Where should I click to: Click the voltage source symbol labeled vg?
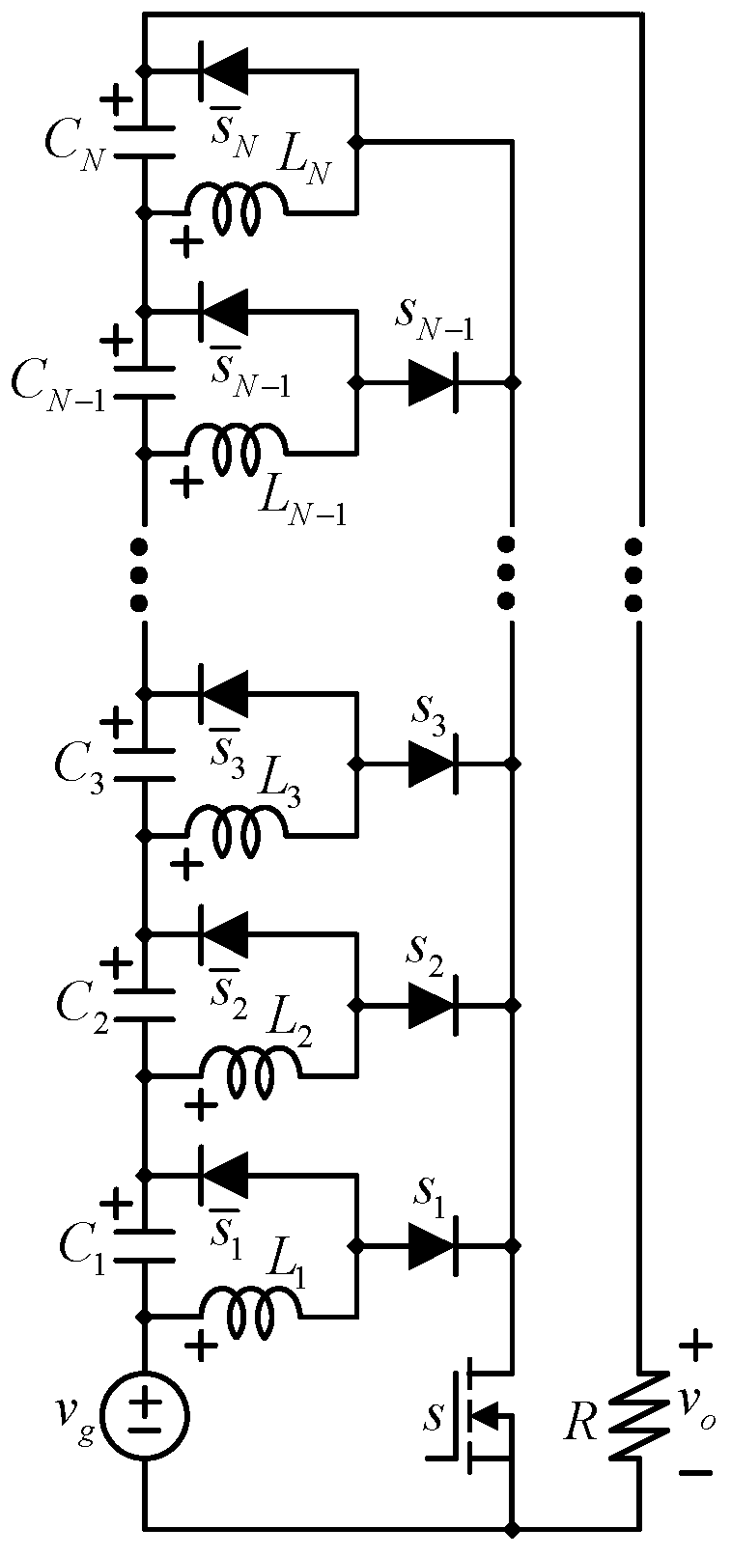tap(145, 1416)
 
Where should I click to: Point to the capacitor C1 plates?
tap(145, 1244)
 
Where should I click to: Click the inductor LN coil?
tap(236, 207)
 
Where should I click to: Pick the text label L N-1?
tap(301, 495)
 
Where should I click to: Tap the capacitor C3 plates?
tap(145, 764)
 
